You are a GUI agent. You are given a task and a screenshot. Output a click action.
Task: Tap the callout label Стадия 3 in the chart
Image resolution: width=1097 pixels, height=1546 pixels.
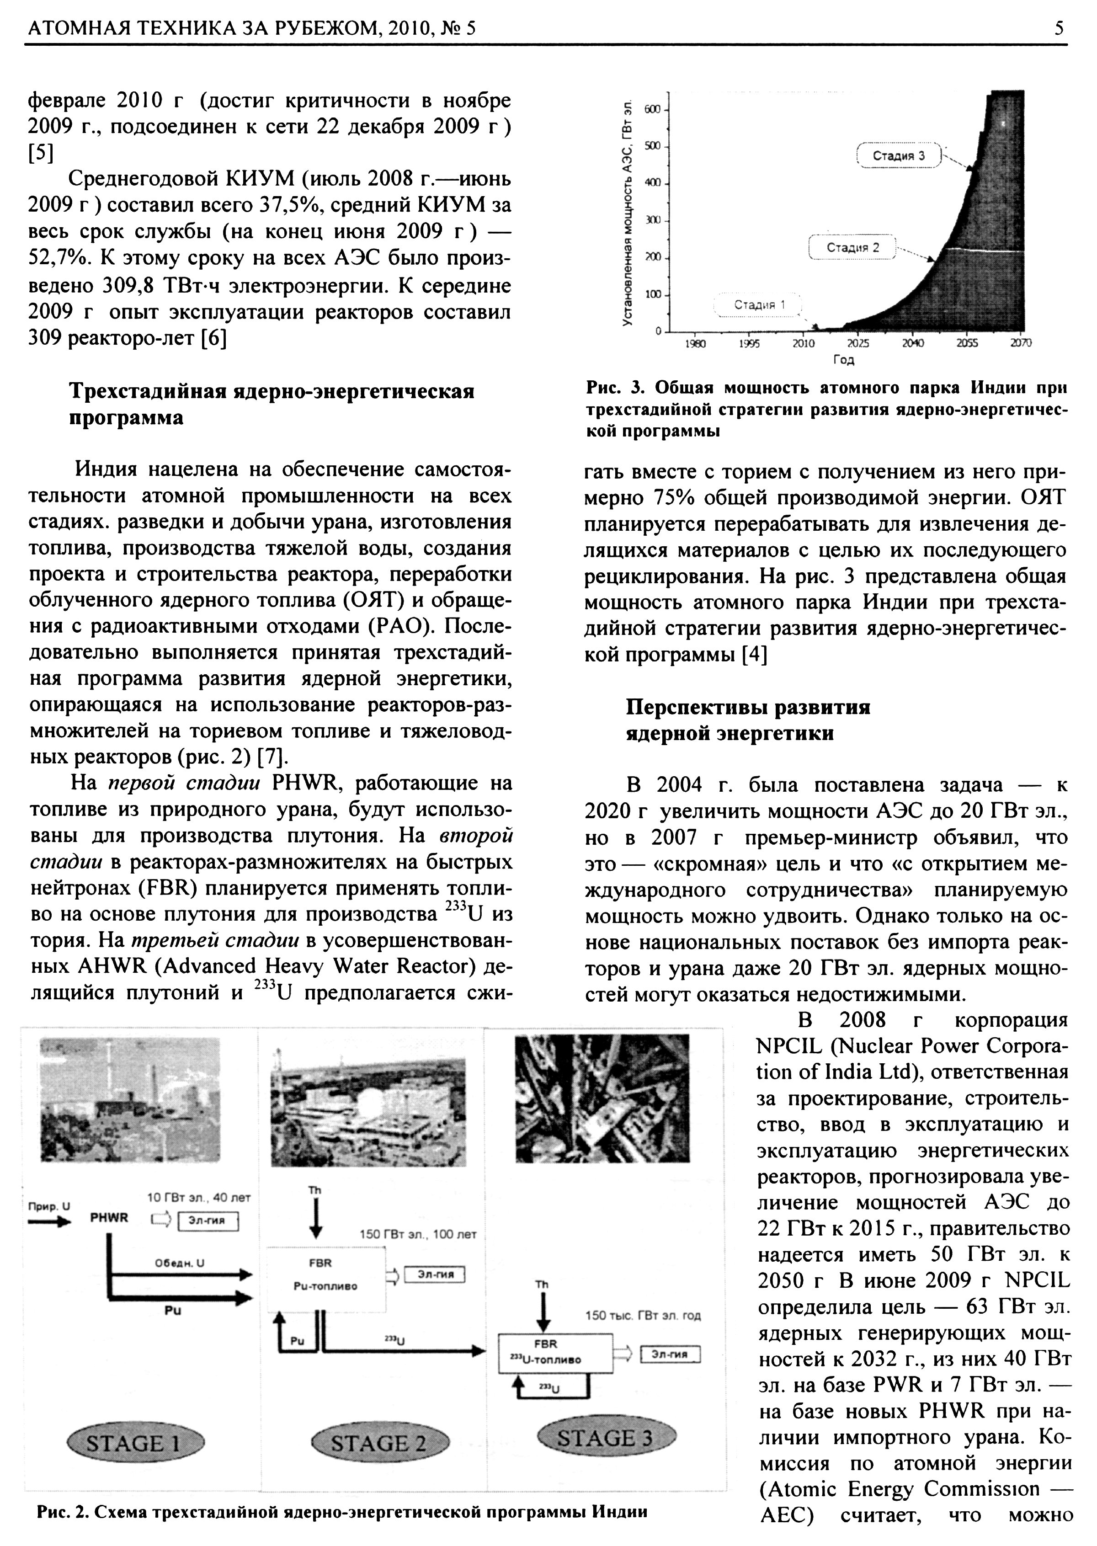point(899,156)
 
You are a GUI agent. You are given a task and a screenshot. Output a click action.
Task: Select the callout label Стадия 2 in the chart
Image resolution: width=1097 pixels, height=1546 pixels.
point(852,247)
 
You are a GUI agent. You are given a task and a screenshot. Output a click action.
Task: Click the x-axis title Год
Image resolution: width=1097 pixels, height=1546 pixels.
point(844,360)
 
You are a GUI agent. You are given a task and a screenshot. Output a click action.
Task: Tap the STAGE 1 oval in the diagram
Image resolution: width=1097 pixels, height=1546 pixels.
point(135,1443)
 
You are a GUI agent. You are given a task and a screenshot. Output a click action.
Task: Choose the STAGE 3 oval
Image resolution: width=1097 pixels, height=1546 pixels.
point(606,1439)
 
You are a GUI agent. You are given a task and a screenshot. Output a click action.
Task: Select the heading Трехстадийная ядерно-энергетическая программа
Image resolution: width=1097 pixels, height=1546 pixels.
point(272,404)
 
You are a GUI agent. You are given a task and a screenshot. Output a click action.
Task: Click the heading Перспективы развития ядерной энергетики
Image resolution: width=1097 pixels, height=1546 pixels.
point(748,720)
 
